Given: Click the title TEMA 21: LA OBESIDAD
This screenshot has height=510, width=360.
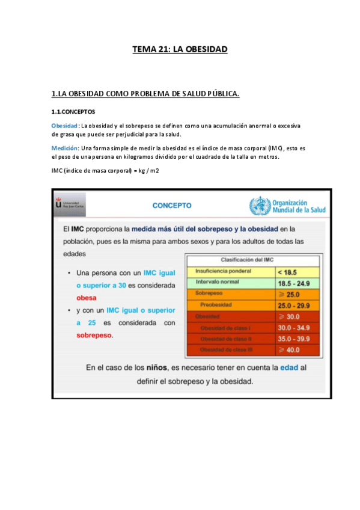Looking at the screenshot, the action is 180,49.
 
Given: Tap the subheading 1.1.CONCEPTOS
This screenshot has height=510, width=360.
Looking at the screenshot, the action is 73,111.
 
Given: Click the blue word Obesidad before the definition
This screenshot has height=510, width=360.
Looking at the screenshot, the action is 64,125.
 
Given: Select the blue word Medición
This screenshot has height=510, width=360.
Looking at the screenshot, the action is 65,147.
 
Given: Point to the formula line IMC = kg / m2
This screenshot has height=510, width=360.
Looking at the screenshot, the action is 105,171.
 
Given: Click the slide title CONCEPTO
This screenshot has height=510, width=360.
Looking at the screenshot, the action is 172,205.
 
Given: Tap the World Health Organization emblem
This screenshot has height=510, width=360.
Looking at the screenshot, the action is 259,206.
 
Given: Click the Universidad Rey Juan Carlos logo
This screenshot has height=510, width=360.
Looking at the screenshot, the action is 69,204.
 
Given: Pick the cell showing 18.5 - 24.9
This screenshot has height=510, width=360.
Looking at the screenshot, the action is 293,283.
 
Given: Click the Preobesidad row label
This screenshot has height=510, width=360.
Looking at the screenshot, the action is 218,304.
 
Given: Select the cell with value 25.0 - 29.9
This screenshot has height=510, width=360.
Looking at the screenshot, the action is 293,305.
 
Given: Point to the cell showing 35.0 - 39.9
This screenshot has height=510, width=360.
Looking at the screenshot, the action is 293,339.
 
